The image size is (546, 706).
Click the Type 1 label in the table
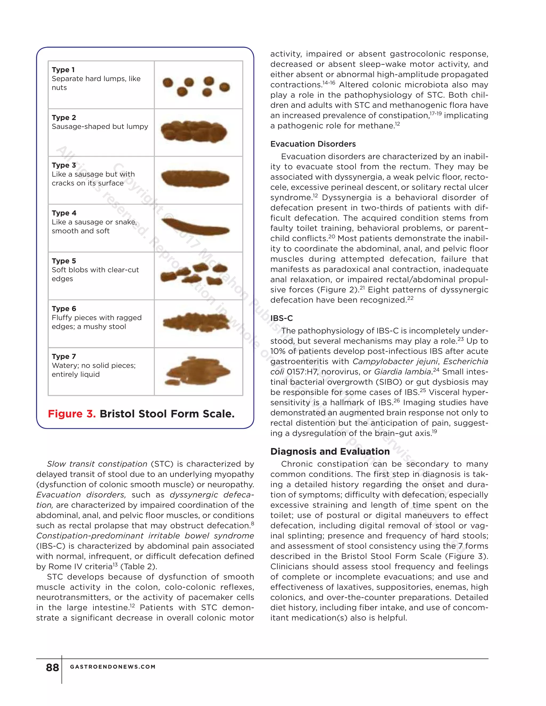click(x=63, y=70)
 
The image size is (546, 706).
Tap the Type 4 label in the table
click(x=64, y=213)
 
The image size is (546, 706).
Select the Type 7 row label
click(x=64, y=356)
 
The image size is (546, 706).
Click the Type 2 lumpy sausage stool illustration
click(x=194, y=132)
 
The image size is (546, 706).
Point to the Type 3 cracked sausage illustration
click(x=195, y=179)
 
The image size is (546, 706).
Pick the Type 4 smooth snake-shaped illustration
click(x=195, y=227)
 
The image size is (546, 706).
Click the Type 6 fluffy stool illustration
click(x=196, y=322)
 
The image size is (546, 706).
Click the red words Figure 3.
click(x=71, y=414)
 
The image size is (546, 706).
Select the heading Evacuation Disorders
click(x=313, y=144)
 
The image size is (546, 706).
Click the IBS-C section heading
click(x=282, y=318)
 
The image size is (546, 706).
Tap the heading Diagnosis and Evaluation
click(x=330, y=452)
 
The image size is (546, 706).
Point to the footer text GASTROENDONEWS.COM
click(x=113, y=667)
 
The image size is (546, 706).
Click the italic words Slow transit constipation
click(x=97, y=464)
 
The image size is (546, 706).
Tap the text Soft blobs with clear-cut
click(x=95, y=270)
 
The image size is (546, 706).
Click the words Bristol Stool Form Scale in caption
click(x=167, y=414)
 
